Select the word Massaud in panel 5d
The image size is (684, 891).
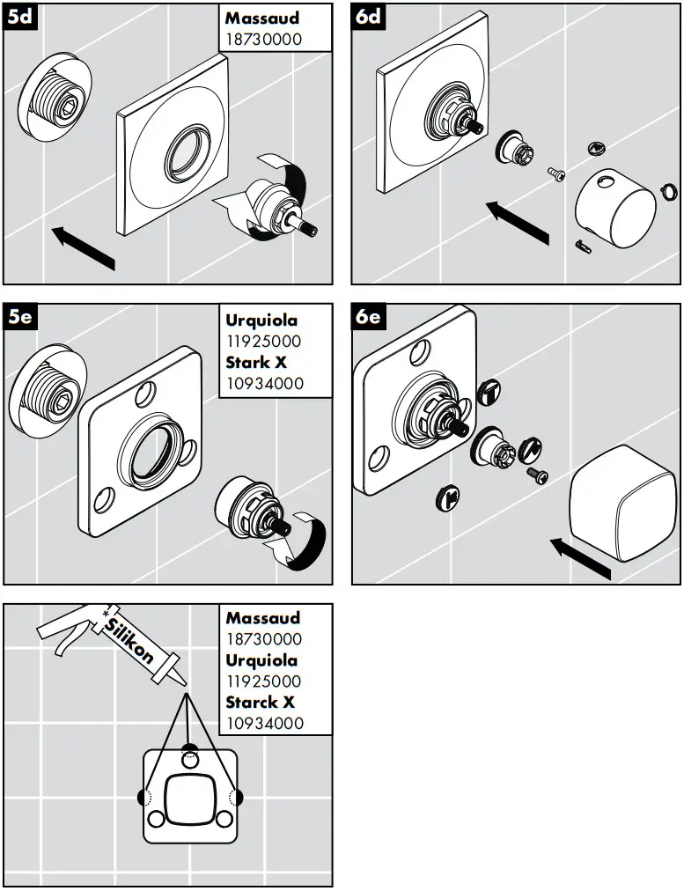point(262,18)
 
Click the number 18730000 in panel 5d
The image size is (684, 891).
point(262,39)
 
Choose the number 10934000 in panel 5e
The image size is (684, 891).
point(262,383)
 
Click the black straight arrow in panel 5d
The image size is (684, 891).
point(85,247)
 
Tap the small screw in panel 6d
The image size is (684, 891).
point(556,174)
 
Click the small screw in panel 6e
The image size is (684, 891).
point(537,475)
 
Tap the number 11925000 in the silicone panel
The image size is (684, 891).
point(262,681)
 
